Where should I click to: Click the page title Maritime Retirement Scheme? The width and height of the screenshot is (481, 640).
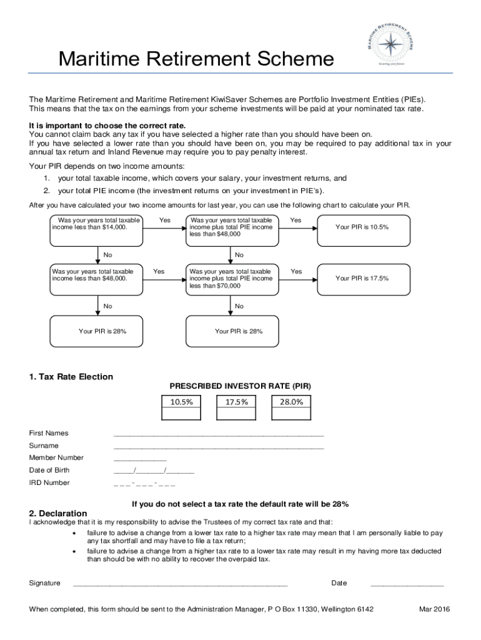point(196,60)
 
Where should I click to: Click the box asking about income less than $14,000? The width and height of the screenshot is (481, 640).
point(97,228)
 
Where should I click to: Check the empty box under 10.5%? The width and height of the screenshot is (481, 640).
point(181,414)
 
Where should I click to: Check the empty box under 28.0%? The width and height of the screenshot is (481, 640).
point(291,414)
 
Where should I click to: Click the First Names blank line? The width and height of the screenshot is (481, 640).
point(219,434)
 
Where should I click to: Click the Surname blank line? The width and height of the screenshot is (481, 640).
point(219,446)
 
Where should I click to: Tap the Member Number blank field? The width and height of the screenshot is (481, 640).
point(140,459)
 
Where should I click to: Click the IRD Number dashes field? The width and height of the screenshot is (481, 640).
point(144,483)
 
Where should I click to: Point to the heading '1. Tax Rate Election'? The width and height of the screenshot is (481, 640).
point(71,377)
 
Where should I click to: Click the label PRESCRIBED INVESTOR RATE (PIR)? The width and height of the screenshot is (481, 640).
point(240,387)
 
